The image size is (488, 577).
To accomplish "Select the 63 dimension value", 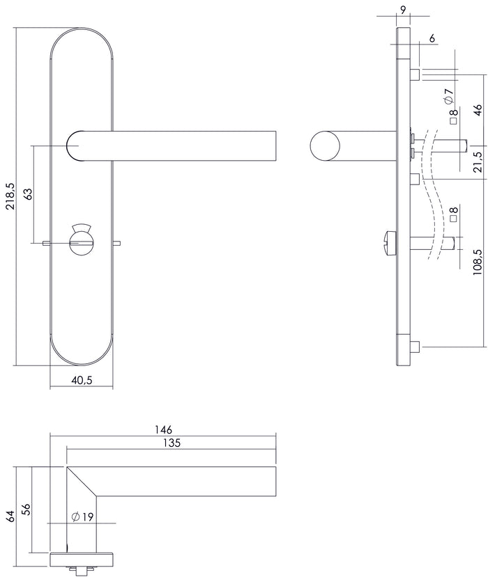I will pos(29,194).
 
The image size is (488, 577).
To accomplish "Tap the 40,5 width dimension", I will pos(82,380).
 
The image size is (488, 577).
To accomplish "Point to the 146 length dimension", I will pos(164,429).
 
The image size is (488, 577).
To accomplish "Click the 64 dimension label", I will pos(10,516).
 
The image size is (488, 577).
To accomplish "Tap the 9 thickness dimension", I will pos(404,10).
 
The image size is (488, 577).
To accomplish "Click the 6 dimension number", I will pos(432,39).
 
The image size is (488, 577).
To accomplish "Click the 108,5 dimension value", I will pos(478,263).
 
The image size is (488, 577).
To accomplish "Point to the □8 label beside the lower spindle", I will pos(453,214).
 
